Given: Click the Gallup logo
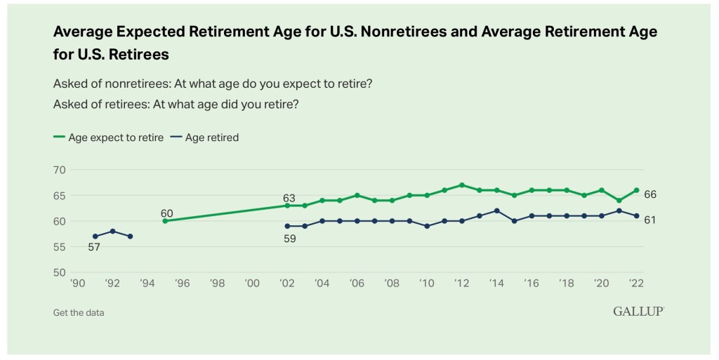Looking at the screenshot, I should [638, 312].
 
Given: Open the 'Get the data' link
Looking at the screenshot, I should [79, 312].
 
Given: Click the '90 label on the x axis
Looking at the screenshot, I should [77, 284].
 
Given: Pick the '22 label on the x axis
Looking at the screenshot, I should [636, 284].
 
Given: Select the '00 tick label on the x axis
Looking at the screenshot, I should [252, 284].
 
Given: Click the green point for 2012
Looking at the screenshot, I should [461, 185].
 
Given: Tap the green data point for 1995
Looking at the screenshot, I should [165, 221].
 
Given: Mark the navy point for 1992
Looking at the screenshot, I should [112, 231].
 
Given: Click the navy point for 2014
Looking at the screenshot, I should [496, 211].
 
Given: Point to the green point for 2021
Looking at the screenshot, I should [619, 200].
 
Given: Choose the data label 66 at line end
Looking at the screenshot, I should [650, 194].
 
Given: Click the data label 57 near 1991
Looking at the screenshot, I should [95, 247].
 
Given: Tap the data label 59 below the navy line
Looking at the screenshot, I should [289, 239].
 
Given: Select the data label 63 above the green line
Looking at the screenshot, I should [289, 198].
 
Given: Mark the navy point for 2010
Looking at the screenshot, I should [427, 226].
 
